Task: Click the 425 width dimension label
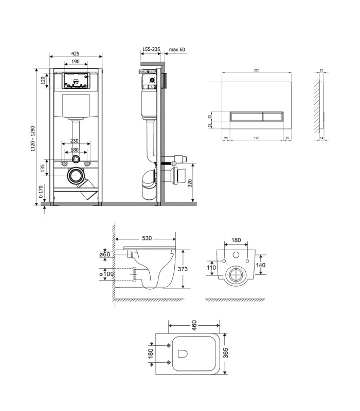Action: coord(75,53)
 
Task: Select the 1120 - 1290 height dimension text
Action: coord(33,139)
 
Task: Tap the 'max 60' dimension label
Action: coord(177,49)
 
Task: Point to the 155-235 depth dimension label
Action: coord(151,49)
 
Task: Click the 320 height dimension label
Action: coord(190,183)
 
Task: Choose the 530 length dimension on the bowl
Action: coord(147,238)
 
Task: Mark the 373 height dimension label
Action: coord(183,269)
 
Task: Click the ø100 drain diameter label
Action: coord(106,274)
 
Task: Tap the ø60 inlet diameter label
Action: coord(105,254)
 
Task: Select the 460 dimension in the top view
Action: coord(194,325)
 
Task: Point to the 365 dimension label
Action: coord(225,353)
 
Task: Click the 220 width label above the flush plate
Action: coord(257,70)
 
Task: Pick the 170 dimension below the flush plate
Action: coord(257,138)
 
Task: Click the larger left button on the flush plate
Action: coord(246,117)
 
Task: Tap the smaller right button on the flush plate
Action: coord(273,117)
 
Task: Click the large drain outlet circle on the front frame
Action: coord(76,176)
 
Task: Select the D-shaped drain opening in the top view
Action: coord(183,353)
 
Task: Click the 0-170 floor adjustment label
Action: coord(41,192)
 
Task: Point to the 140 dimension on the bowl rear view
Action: coord(261,265)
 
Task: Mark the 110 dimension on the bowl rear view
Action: coord(211,268)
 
